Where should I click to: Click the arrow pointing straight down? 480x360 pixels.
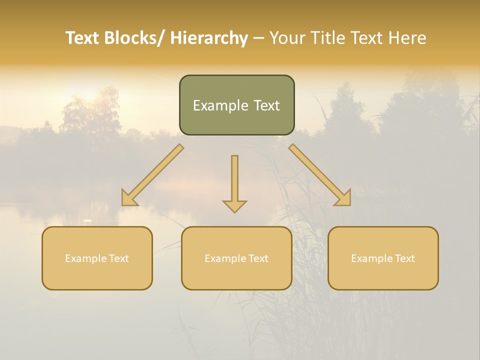[234, 180]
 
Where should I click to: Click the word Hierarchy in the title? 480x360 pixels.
[209, 38]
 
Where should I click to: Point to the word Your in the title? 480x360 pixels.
[287, 38]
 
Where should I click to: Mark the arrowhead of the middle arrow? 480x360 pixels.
[234, 205]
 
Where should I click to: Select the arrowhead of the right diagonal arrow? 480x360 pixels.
[344, 199]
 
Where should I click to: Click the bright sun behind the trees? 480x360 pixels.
[89, 93]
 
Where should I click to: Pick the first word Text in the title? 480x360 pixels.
[83, 38]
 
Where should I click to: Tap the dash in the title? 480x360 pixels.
[258, 38]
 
